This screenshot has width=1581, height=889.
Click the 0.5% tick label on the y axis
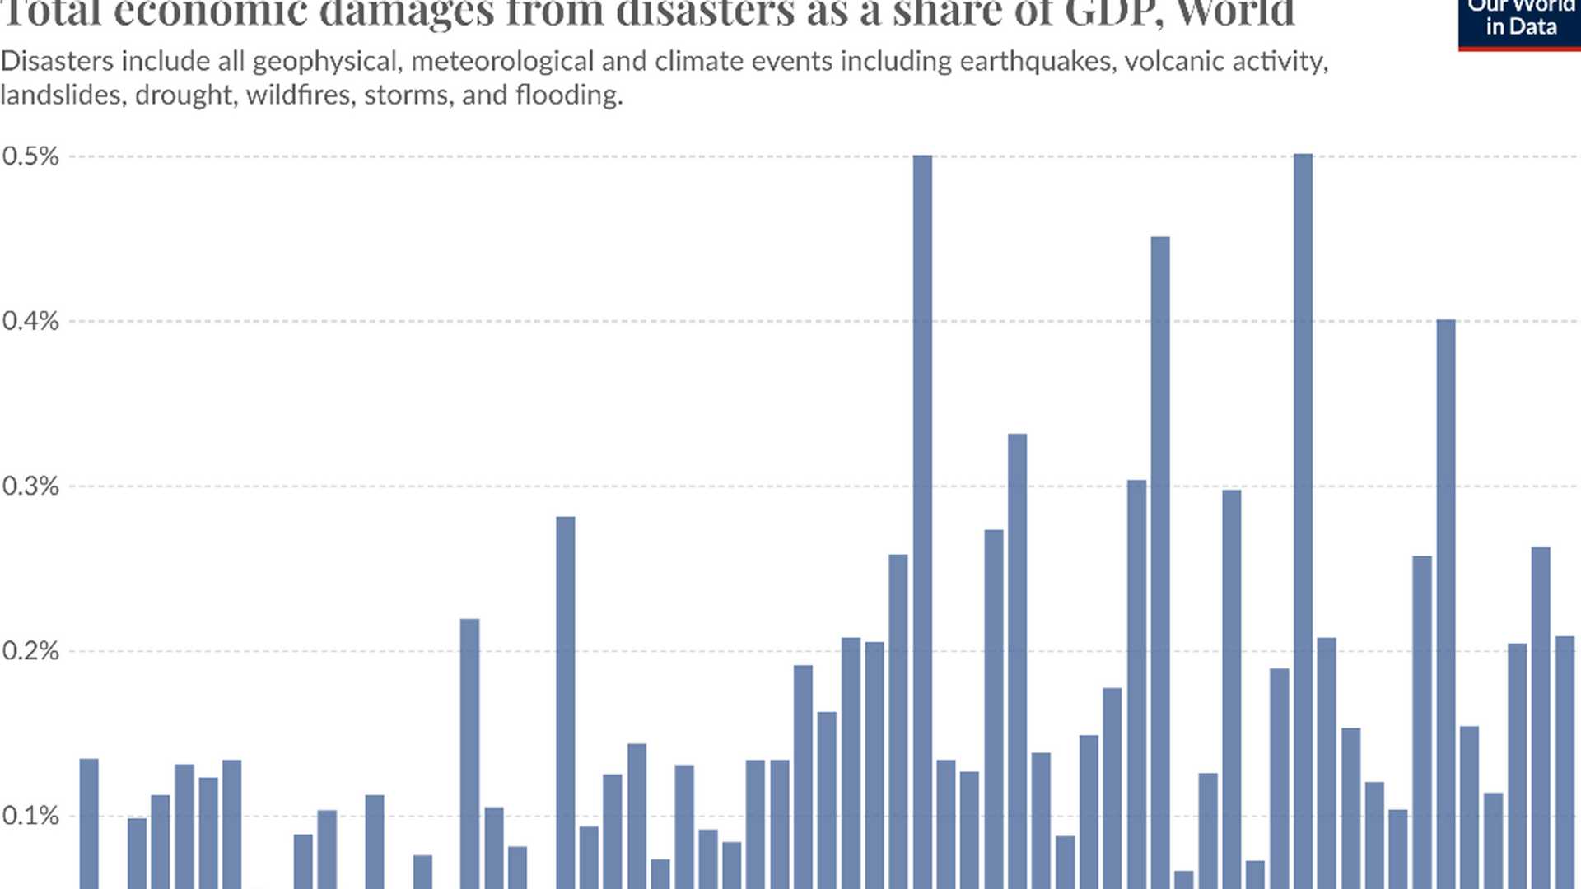click(x=30, y=156)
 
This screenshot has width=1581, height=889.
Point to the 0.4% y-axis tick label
click(x=30, y=321)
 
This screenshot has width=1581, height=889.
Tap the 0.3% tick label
click(x=30, y=486)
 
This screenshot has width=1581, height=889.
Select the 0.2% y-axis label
click(x=30, y=651)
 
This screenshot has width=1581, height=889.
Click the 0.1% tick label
click(x=30, y=816)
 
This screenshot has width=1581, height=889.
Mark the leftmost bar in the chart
click(x=89, y=823)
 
